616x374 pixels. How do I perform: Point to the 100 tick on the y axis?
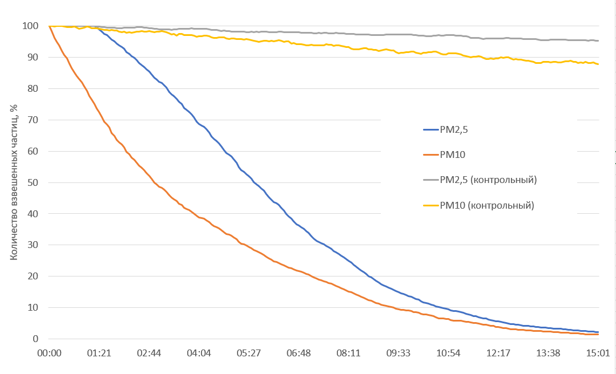click(30, 26)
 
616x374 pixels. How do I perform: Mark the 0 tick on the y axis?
click(35, 339)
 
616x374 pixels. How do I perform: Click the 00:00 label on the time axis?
click(50, 353)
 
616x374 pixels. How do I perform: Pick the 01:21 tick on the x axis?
click(99, 353)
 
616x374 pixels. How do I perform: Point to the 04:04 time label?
click(199, 353)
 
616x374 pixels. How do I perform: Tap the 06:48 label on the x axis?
click(299, 353)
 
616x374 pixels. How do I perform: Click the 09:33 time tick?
click(398, 353)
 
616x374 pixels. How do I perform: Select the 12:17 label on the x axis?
click(498, 353)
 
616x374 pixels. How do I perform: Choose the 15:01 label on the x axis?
click(598, 353)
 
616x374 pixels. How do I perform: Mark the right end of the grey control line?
click(598, 40)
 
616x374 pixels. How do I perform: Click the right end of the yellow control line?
click(598, 64)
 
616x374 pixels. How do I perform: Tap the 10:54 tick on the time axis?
click(449, 353)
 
